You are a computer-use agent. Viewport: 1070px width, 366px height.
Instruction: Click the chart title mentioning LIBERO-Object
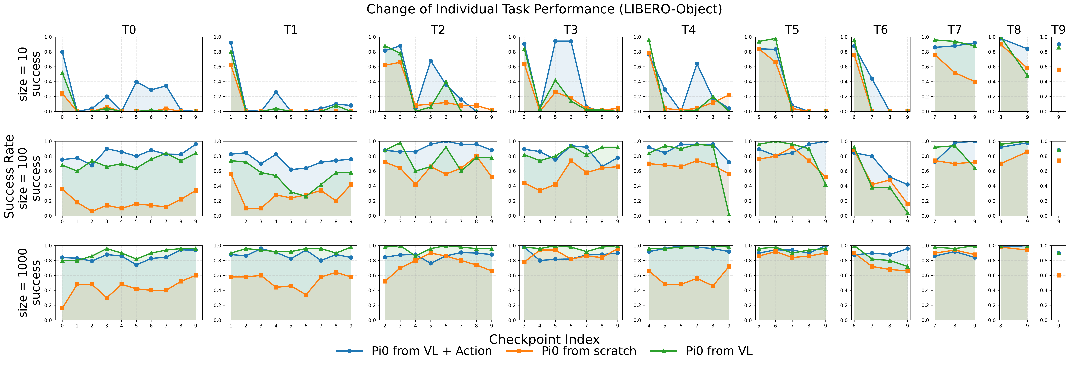click(544, 9)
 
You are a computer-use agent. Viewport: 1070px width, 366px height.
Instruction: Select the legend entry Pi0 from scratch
click(588, 351)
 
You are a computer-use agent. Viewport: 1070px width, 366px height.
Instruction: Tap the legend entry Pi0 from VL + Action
click(431, 351)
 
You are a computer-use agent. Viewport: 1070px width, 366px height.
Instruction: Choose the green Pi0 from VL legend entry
click(719, 351)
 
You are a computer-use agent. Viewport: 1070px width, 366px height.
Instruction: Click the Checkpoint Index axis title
click(544, 339)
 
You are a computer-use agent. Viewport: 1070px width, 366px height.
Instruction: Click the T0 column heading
click(129, 30)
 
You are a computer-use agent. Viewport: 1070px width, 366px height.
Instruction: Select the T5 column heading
click(792, 30)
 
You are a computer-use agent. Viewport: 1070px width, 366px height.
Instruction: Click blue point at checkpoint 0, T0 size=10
click(62, 52)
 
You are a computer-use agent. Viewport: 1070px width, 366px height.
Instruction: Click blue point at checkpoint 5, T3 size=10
click(555, 41)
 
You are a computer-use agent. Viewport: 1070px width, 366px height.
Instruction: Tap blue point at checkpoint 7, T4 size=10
click(697, 64)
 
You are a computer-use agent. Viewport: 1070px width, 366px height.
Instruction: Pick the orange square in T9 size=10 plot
click(1058, 70)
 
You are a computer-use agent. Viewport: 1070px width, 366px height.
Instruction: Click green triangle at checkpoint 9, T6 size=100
click(907, 213)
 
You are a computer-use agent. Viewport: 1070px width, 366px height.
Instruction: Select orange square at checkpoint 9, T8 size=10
click(1027, 68)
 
